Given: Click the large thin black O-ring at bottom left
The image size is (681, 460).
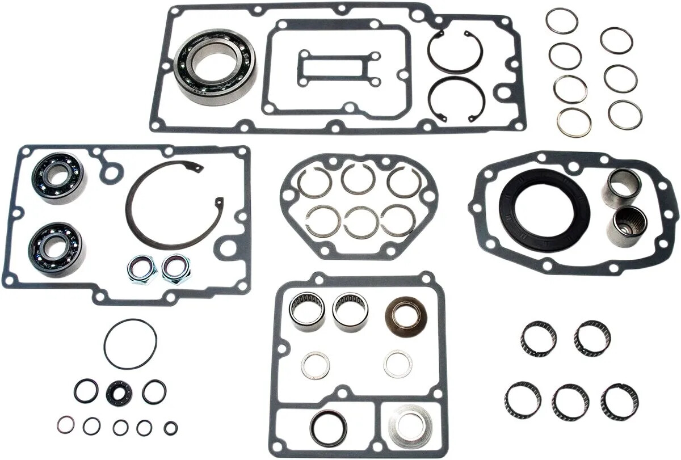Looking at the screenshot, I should coord(130,344).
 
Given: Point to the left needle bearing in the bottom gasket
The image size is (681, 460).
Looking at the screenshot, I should coord(307,311).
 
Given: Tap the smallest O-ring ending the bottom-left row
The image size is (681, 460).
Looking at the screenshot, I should coord(170,427).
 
